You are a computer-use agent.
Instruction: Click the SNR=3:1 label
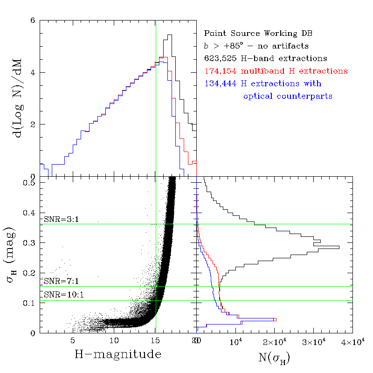pyautogui.click(x=60, y=220)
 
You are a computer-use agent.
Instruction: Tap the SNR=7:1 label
pyautogui.click(x=60, y=281)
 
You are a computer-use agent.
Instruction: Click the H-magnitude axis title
pyautogui.click(x=118, y=354)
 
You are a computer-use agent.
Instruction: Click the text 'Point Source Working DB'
pyautogui.click(x=258, y=34)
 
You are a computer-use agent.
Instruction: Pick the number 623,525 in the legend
pyautogui.click(x=219, y=59)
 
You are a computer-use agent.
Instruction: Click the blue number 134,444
pyautogui.click(x=219, y=84)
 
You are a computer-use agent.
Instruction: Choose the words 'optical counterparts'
pyautogui.click(x=288, y=97)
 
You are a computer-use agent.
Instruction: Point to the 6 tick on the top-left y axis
pyautogui.click(x=33, y=21)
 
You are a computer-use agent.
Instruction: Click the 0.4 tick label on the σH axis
pyautogui.click(x=30, y=213)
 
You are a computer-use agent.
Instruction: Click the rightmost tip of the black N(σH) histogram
pyautogui.click(x=339, y=247)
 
